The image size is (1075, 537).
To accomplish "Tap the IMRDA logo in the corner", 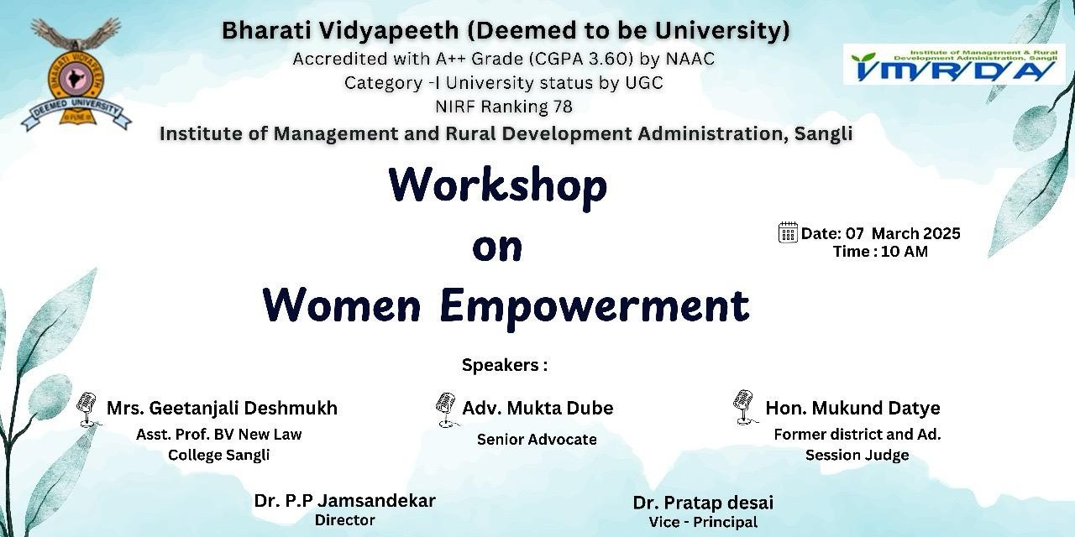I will tap(954, 65).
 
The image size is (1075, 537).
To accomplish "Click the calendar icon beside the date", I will tap(788, 232).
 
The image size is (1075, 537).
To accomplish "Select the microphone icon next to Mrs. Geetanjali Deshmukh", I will tap(87, 409).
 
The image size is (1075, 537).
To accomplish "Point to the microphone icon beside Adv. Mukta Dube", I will tap(445, 409).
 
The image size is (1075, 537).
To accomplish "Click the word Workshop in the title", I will tap(497, 185).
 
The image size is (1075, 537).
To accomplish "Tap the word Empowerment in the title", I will tap(594, 305).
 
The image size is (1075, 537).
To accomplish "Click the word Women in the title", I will tap(342, 305).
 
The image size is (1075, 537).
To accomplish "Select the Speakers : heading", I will tap(504, 365).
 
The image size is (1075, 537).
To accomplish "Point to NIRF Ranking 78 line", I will tap(503, 107).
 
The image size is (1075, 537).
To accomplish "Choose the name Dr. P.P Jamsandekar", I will tap(344, 501).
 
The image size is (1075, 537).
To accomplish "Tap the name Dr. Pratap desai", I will tap(703, 503).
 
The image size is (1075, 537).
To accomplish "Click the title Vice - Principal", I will tap(703, 522).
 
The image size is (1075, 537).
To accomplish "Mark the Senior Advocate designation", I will tap(537, 439).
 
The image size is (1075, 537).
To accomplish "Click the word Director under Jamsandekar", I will tap(344, 520).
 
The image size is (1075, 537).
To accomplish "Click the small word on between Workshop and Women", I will tap(497, 246).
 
